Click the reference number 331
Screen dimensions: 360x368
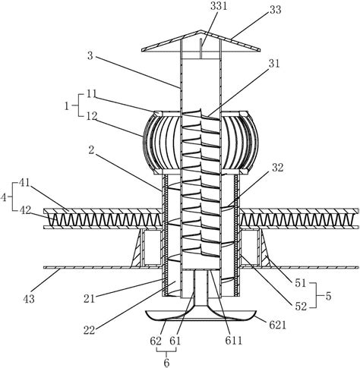click(219, 6)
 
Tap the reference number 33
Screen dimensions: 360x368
click(276, 10)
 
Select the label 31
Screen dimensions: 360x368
click(274, 64)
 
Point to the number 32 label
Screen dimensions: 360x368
click(278, 168)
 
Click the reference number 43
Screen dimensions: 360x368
click(29, 299)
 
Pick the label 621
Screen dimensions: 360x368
click(277, 326)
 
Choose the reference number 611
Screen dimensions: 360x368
click(234, 341)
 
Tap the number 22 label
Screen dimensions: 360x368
click(89, 330)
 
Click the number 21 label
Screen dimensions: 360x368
click(89, 299)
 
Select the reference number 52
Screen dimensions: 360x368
click(301, 307)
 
